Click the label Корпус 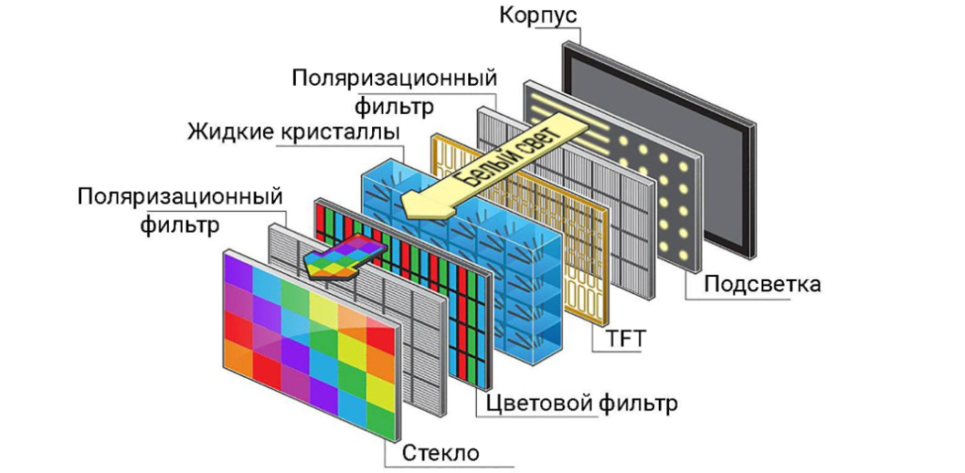[538, 15]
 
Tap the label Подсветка [761, 285]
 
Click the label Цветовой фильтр [581, 404]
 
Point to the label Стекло [441, 453]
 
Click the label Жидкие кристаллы [294, 132]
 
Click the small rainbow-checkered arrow [345, 259]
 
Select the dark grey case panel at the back [659, 149]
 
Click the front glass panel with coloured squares [312, 344]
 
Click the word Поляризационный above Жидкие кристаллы [395, 79]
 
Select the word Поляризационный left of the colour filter [180, 198]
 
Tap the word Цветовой [536, 404]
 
